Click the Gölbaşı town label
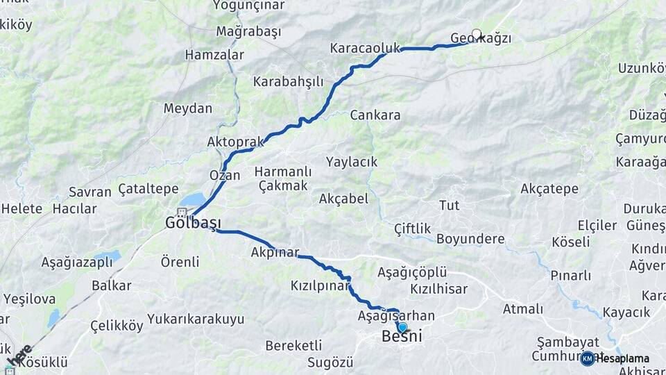click(193, 223)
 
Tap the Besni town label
click(402, 337)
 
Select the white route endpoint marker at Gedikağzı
click(477, 33)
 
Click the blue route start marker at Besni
click(402, 327)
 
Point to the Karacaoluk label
click(365, 49)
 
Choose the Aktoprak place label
click(235, 142)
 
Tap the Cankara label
click(375, 115)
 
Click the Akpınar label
click(275, 253)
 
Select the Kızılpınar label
click(321, 286)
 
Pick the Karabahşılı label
click(288, 82)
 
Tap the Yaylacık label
click(352, 162)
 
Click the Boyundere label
click(470, 239)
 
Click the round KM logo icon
click(588, 358)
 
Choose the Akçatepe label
click(549, 189)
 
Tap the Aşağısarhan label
click(396, 316)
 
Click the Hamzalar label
click(214, 55)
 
